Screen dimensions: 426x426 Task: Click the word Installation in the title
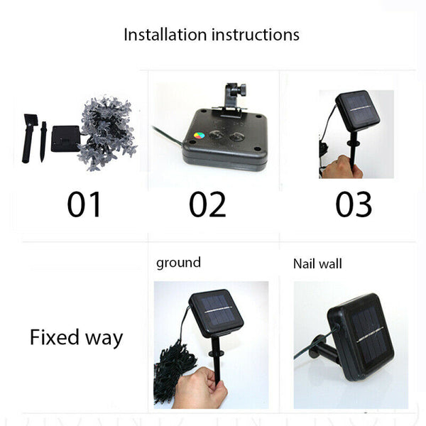pos(165,35)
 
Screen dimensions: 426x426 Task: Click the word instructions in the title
pos(256,35)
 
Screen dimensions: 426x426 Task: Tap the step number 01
pos(84,204)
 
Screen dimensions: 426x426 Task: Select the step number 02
pos(207,204)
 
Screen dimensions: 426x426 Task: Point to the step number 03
pos(354,204)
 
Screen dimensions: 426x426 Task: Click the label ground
pos(178,263)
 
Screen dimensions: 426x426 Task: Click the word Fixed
pos(55,337)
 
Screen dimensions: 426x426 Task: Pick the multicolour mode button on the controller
pos(199,135)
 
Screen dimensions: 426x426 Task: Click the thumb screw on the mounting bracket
pos(241,89)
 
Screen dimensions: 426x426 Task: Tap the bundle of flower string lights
pos(107,133)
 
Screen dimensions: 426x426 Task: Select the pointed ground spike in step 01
pos(43,142)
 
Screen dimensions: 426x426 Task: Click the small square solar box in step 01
pos(66,138)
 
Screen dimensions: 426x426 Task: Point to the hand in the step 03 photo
pos(342,166)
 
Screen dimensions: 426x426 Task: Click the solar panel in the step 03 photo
pos(358,111)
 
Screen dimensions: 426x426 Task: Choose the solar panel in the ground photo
pos(217,312)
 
